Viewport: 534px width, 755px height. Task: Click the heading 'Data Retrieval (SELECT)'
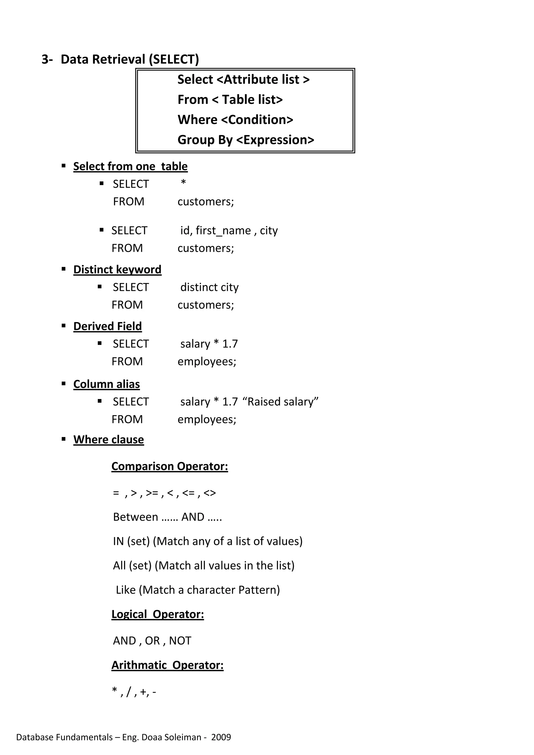click(130, 59)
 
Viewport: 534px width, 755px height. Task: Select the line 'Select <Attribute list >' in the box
click(243, 79)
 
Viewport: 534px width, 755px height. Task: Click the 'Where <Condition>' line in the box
click(235, 120)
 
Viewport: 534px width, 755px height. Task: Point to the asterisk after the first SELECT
click(183, 182)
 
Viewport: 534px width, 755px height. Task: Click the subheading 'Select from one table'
click(130, 166)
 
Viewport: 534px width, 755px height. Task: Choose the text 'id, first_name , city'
click(229, 230)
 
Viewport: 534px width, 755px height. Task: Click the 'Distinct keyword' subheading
click(117, 270)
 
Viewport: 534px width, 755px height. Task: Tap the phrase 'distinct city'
click(209, 287)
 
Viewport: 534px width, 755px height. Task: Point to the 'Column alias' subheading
click(106, 384)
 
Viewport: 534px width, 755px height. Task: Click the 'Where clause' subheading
click(108, 440)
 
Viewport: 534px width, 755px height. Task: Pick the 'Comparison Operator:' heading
click(169, 466)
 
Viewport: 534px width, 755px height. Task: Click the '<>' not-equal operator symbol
click(210, 493)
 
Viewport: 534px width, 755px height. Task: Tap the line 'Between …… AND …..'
click(167, 517)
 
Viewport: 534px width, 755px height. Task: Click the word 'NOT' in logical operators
click(180, 641)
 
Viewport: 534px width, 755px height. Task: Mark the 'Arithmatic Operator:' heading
click(167, 665)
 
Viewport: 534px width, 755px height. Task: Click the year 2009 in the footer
click(221, 737)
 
